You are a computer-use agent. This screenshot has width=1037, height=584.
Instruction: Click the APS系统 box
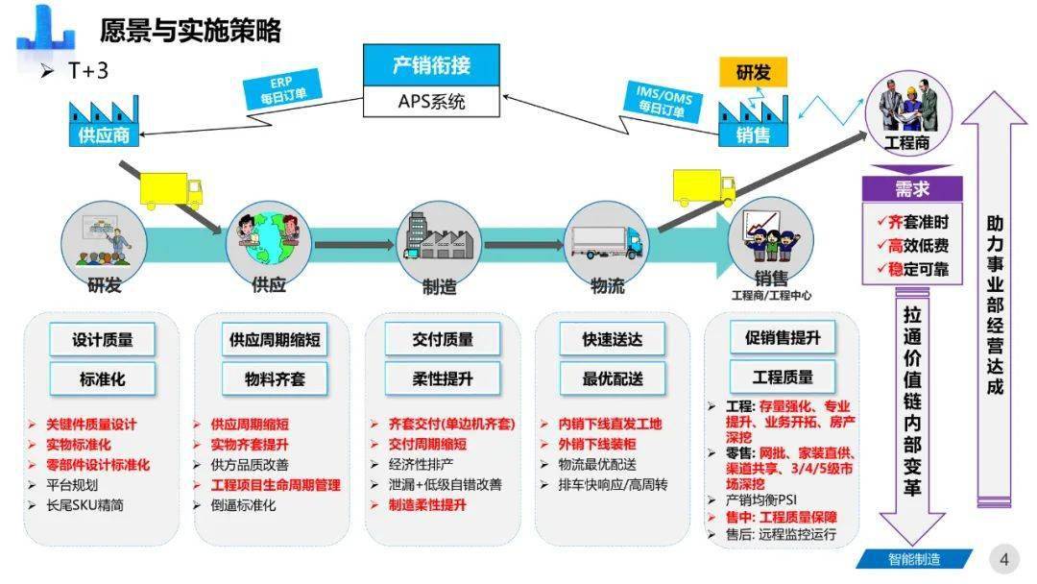[x=431, y=101]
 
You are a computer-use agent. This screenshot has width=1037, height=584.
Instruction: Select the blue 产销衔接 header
[x=431, y=64]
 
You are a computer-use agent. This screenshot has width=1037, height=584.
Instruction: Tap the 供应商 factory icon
[x=104, y=121]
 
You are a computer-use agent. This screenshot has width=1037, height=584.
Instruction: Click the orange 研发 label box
[x=754, y=72]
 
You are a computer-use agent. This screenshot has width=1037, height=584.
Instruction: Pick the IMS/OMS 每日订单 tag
[x=663, y=101]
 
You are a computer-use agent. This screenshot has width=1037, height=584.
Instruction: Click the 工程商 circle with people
[x=908, y=112]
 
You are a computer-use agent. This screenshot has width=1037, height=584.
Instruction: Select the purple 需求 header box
[x=912, y=189]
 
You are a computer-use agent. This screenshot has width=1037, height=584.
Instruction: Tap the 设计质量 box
[x=102, y=340]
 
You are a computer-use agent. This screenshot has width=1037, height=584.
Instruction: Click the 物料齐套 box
[x=275, y=379]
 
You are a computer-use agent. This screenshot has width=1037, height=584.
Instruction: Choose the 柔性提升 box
[x=443, y=379]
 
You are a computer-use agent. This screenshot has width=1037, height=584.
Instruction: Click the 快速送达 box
[x=613, y=339]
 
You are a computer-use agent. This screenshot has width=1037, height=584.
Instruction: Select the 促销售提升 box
[x=783, y=338]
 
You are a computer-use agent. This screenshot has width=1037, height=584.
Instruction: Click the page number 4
[x=1004, y=560]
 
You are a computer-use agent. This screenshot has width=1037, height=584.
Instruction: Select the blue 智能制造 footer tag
[x=914, y=560]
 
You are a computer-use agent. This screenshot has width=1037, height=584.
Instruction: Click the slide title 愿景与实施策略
[x=190, y=31]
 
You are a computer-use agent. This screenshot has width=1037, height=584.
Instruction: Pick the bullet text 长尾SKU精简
[x=84, y=505]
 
